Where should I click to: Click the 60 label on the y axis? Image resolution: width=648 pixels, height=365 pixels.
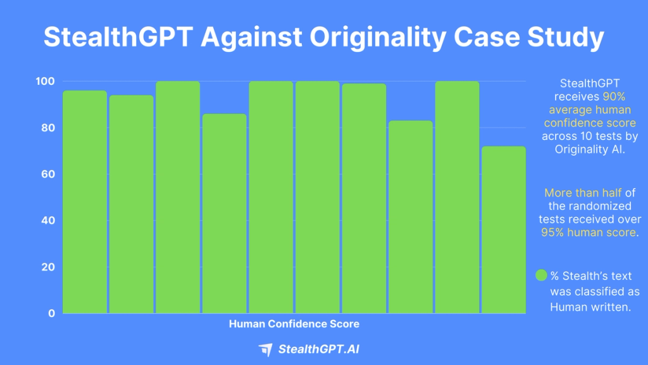pos(48,174)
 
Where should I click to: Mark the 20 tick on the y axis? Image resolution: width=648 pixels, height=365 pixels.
pos(48,267)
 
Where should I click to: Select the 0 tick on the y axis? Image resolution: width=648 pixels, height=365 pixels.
pos(51,313)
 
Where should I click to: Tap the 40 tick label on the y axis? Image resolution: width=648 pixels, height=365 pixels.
pos(48,221)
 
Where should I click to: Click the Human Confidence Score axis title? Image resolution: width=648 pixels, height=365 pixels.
pos(294,324)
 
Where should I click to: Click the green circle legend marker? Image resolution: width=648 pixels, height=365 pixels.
pos(542,276)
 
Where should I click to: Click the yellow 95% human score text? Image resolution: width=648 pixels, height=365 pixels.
pos(588,233)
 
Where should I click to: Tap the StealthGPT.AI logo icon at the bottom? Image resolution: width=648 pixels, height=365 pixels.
pos(266,349)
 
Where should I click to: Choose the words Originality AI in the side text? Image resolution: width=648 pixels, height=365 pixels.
pos(589,150)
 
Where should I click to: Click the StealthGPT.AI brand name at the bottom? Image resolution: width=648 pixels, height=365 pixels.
pos(320,349)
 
